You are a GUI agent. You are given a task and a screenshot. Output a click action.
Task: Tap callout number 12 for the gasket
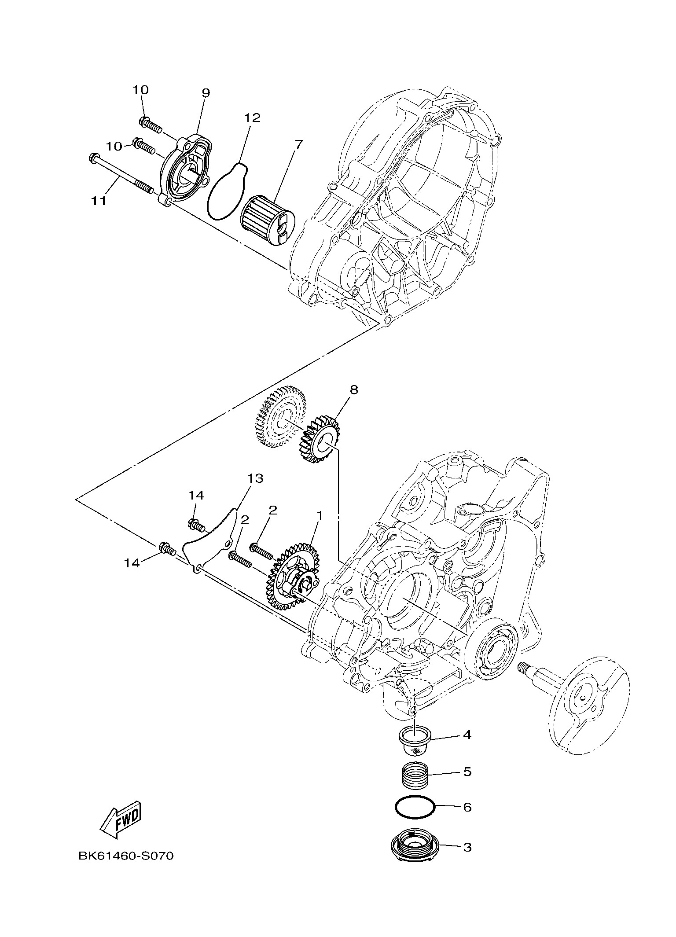coord(253,118)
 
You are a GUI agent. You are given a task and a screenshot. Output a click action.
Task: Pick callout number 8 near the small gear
coord(354,390)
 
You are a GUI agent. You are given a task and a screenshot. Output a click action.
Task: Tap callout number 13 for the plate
coord(255,478)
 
